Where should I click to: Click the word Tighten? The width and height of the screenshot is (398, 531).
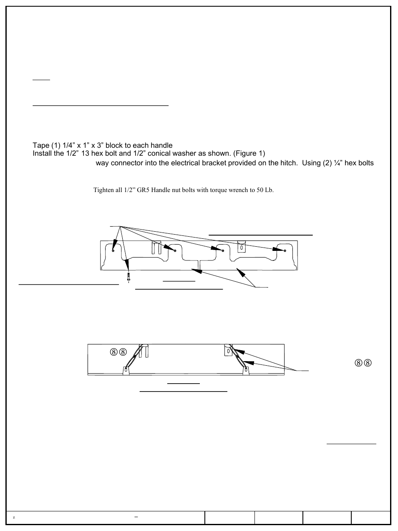click(x=103, y=190)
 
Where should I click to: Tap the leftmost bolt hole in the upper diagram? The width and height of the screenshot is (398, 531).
click(x=113, y=250)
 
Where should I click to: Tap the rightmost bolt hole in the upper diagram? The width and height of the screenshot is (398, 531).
click(x=285, y=250)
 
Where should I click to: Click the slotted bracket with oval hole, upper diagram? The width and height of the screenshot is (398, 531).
click(x=242, y=247)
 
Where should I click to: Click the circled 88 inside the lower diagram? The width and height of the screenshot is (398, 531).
click(x=118, y=351)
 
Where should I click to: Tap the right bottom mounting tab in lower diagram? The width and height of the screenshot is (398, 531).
click(x=246, y=370)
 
